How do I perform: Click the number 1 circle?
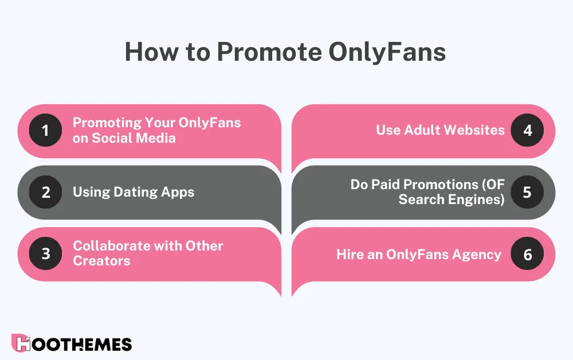click(45, 131)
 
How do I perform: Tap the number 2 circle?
click(45, 192)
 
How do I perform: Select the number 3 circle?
click(45, 253)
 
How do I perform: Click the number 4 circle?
click(527, 130)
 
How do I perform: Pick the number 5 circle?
click(527, 192)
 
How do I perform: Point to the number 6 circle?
click(527, 254)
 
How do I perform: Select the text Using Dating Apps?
click(134, 192)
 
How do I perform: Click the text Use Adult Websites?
click(440, 130)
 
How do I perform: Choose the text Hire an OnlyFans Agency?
click(418, 254)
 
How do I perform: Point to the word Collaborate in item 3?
click(109, 246)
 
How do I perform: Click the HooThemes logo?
click(72, 343)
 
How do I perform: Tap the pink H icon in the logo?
click(21, 343)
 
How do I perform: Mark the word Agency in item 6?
click(478, 254)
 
